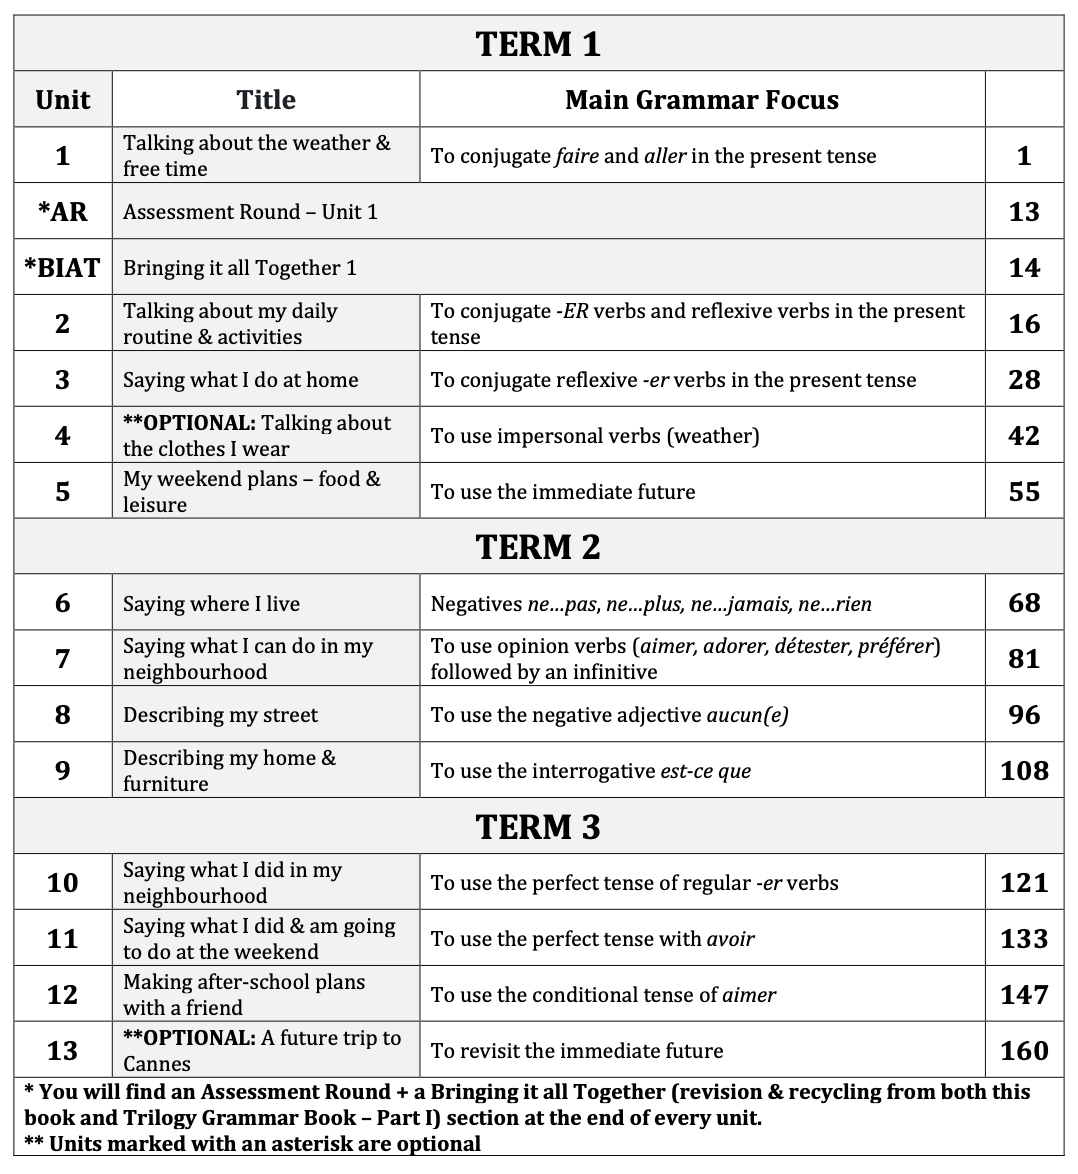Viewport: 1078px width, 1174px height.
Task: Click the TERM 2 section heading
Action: (538, 547)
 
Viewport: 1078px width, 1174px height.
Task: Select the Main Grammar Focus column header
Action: (701, 100)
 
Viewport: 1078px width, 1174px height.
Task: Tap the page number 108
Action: (1024, 771)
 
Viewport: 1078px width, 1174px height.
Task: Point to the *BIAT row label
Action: (63, 268)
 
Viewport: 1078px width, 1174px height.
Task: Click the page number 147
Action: (1024, 995)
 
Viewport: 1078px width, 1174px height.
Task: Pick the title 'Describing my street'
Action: (220, 715)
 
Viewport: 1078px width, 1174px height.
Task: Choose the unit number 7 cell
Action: (63, 659)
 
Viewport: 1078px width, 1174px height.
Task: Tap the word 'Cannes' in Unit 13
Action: (157, 1064)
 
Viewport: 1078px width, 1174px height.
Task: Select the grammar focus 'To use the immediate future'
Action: (562, 492)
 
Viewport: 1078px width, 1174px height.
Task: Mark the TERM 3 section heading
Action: (538, 827)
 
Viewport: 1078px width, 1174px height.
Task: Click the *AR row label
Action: (63, 212)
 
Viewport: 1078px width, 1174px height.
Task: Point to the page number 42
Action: (1024, 436)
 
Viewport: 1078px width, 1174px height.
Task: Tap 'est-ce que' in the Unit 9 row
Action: (705, 771)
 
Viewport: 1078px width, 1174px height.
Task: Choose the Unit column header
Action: (63, 100)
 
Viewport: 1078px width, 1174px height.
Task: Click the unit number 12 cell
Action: (63, 995)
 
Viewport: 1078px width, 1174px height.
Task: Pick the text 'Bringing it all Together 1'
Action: (239, 268)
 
